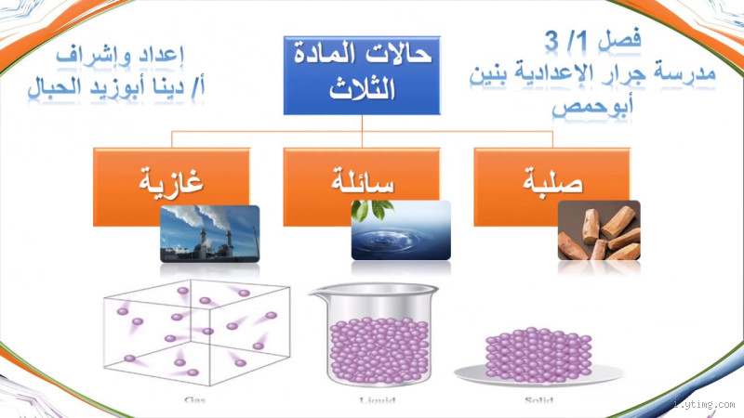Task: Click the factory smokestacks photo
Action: [x=209, y=232]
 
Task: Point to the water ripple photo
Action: [x=400, y=230]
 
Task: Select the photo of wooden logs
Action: [x=598, y=230]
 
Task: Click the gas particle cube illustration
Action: [x=193, y=338]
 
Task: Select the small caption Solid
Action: [x=538, y=401]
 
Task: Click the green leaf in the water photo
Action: [x=371, y=212]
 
